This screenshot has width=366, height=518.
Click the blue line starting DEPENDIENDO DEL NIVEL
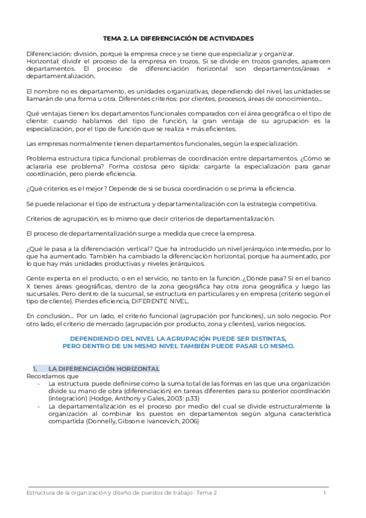(x=178, y=338)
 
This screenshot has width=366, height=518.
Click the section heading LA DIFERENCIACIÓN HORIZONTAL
(x=104, y=369)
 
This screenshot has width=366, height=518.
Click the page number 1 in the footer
(x=325, y=492)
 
